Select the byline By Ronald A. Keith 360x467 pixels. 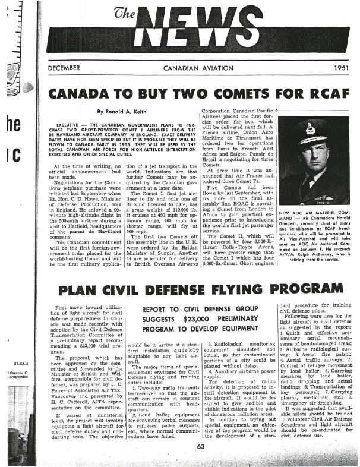click(137, 111)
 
